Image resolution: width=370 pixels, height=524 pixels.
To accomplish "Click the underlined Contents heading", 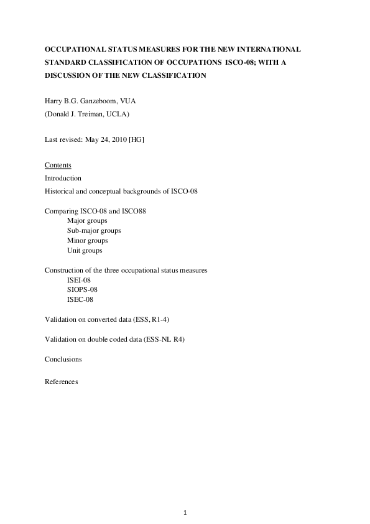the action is click(58, 165).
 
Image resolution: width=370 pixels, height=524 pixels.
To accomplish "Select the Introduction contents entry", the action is click(63, 178).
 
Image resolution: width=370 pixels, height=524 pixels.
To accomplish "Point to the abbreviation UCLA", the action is click(116, 115).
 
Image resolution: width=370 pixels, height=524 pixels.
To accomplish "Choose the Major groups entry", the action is click(87, 220).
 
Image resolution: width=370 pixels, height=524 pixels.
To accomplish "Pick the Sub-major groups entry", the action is click(94, 230).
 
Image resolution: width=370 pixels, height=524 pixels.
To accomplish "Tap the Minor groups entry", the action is click(87, 240).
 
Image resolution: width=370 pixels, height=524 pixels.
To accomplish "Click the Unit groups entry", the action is click(85, 250).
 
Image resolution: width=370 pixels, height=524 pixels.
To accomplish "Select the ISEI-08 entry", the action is click(79, 280).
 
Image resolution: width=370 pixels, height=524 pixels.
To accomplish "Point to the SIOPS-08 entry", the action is click(82, 289).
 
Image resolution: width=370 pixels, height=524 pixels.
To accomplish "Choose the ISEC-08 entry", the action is click(80, 299).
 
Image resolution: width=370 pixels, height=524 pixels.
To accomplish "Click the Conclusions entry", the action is click(63, 359).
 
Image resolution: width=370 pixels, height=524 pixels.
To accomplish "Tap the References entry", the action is click(61, 381).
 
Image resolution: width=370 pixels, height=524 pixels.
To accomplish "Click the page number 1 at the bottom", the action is click(185, 512).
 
